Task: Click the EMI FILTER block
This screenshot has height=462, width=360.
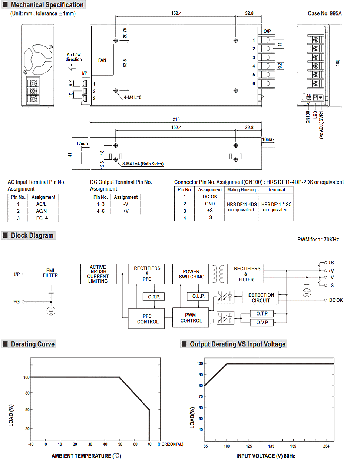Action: (51, 274)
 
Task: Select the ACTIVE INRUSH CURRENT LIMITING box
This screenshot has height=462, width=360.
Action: (99, 274)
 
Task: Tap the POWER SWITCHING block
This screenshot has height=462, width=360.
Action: (191, 274)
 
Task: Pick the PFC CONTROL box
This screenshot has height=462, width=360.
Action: (146, 319)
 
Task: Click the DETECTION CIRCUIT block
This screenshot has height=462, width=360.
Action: (260, 297)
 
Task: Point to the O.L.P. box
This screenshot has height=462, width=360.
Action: (198, 296)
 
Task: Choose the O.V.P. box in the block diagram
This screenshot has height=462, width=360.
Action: (262, 323)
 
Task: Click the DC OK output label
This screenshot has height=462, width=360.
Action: (336, 300)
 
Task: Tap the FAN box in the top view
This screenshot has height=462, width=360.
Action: (102, 60)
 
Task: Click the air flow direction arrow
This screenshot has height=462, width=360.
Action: (72, 67)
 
